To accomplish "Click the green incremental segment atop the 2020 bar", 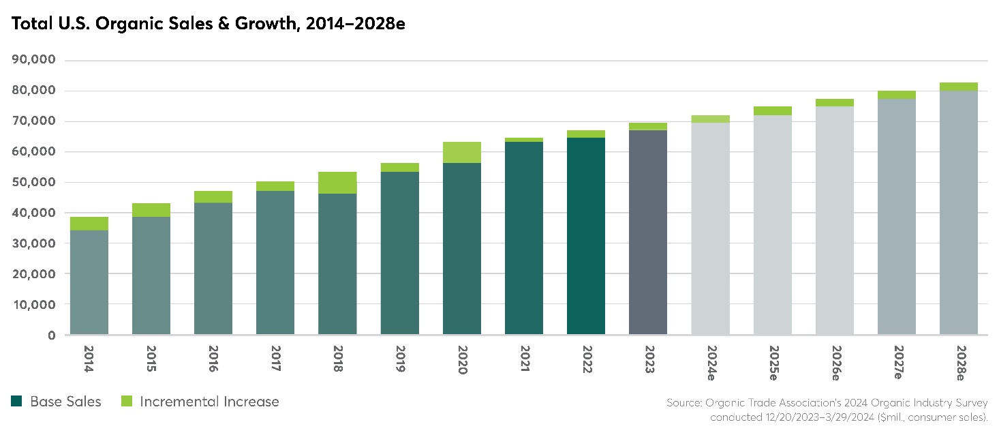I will pyautogui.click(x=461, y=153).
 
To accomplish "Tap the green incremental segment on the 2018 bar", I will pyautogui.click(x=337, y=183).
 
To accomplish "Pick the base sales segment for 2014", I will pyautogui.click(x=89, y=282).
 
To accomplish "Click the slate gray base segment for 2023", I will pyautogui.click(x=647, y=232).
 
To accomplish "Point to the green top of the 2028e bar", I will pyautogui.click(x=958, y=87).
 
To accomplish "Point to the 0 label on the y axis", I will pyautogui.click(x=51, y=335).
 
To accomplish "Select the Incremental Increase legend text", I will pyautogui.click(x=209, y=402).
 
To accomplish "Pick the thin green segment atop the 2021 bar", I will pyautogui.click(x=523, y=140).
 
